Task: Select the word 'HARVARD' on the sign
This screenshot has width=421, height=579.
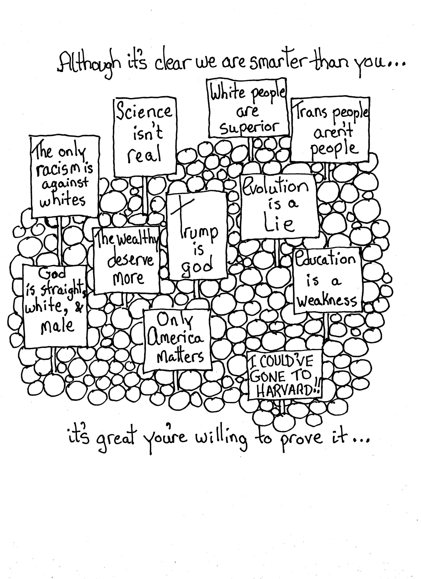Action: [284, 391]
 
